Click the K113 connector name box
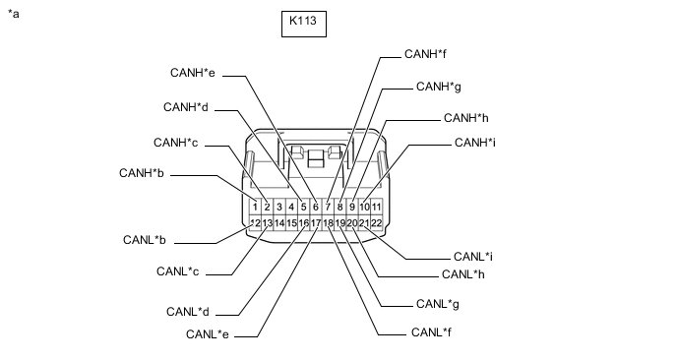tap(304, 25)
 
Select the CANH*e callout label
tap(193, 73)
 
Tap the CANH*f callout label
tap(425, 54)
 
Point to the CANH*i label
tap(475, 143)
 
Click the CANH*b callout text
tap(142, 173)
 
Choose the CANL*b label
tap(145, 240)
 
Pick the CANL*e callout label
tap(208, 334)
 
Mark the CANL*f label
tap(431, 332)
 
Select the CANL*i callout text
tap(473, 257)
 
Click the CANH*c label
tap(176, 143)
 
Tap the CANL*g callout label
tap(437, 304)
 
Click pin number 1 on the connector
tap(255, 208)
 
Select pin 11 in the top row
tap(377, 208)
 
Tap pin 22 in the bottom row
tap(377, 223)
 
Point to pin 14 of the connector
tap(279, 223)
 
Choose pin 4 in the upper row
tap(291, 208)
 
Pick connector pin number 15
tap(291, 223)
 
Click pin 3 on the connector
tap(279, 208)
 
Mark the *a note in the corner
tap(14, 14)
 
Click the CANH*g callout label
tap(438, 87)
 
